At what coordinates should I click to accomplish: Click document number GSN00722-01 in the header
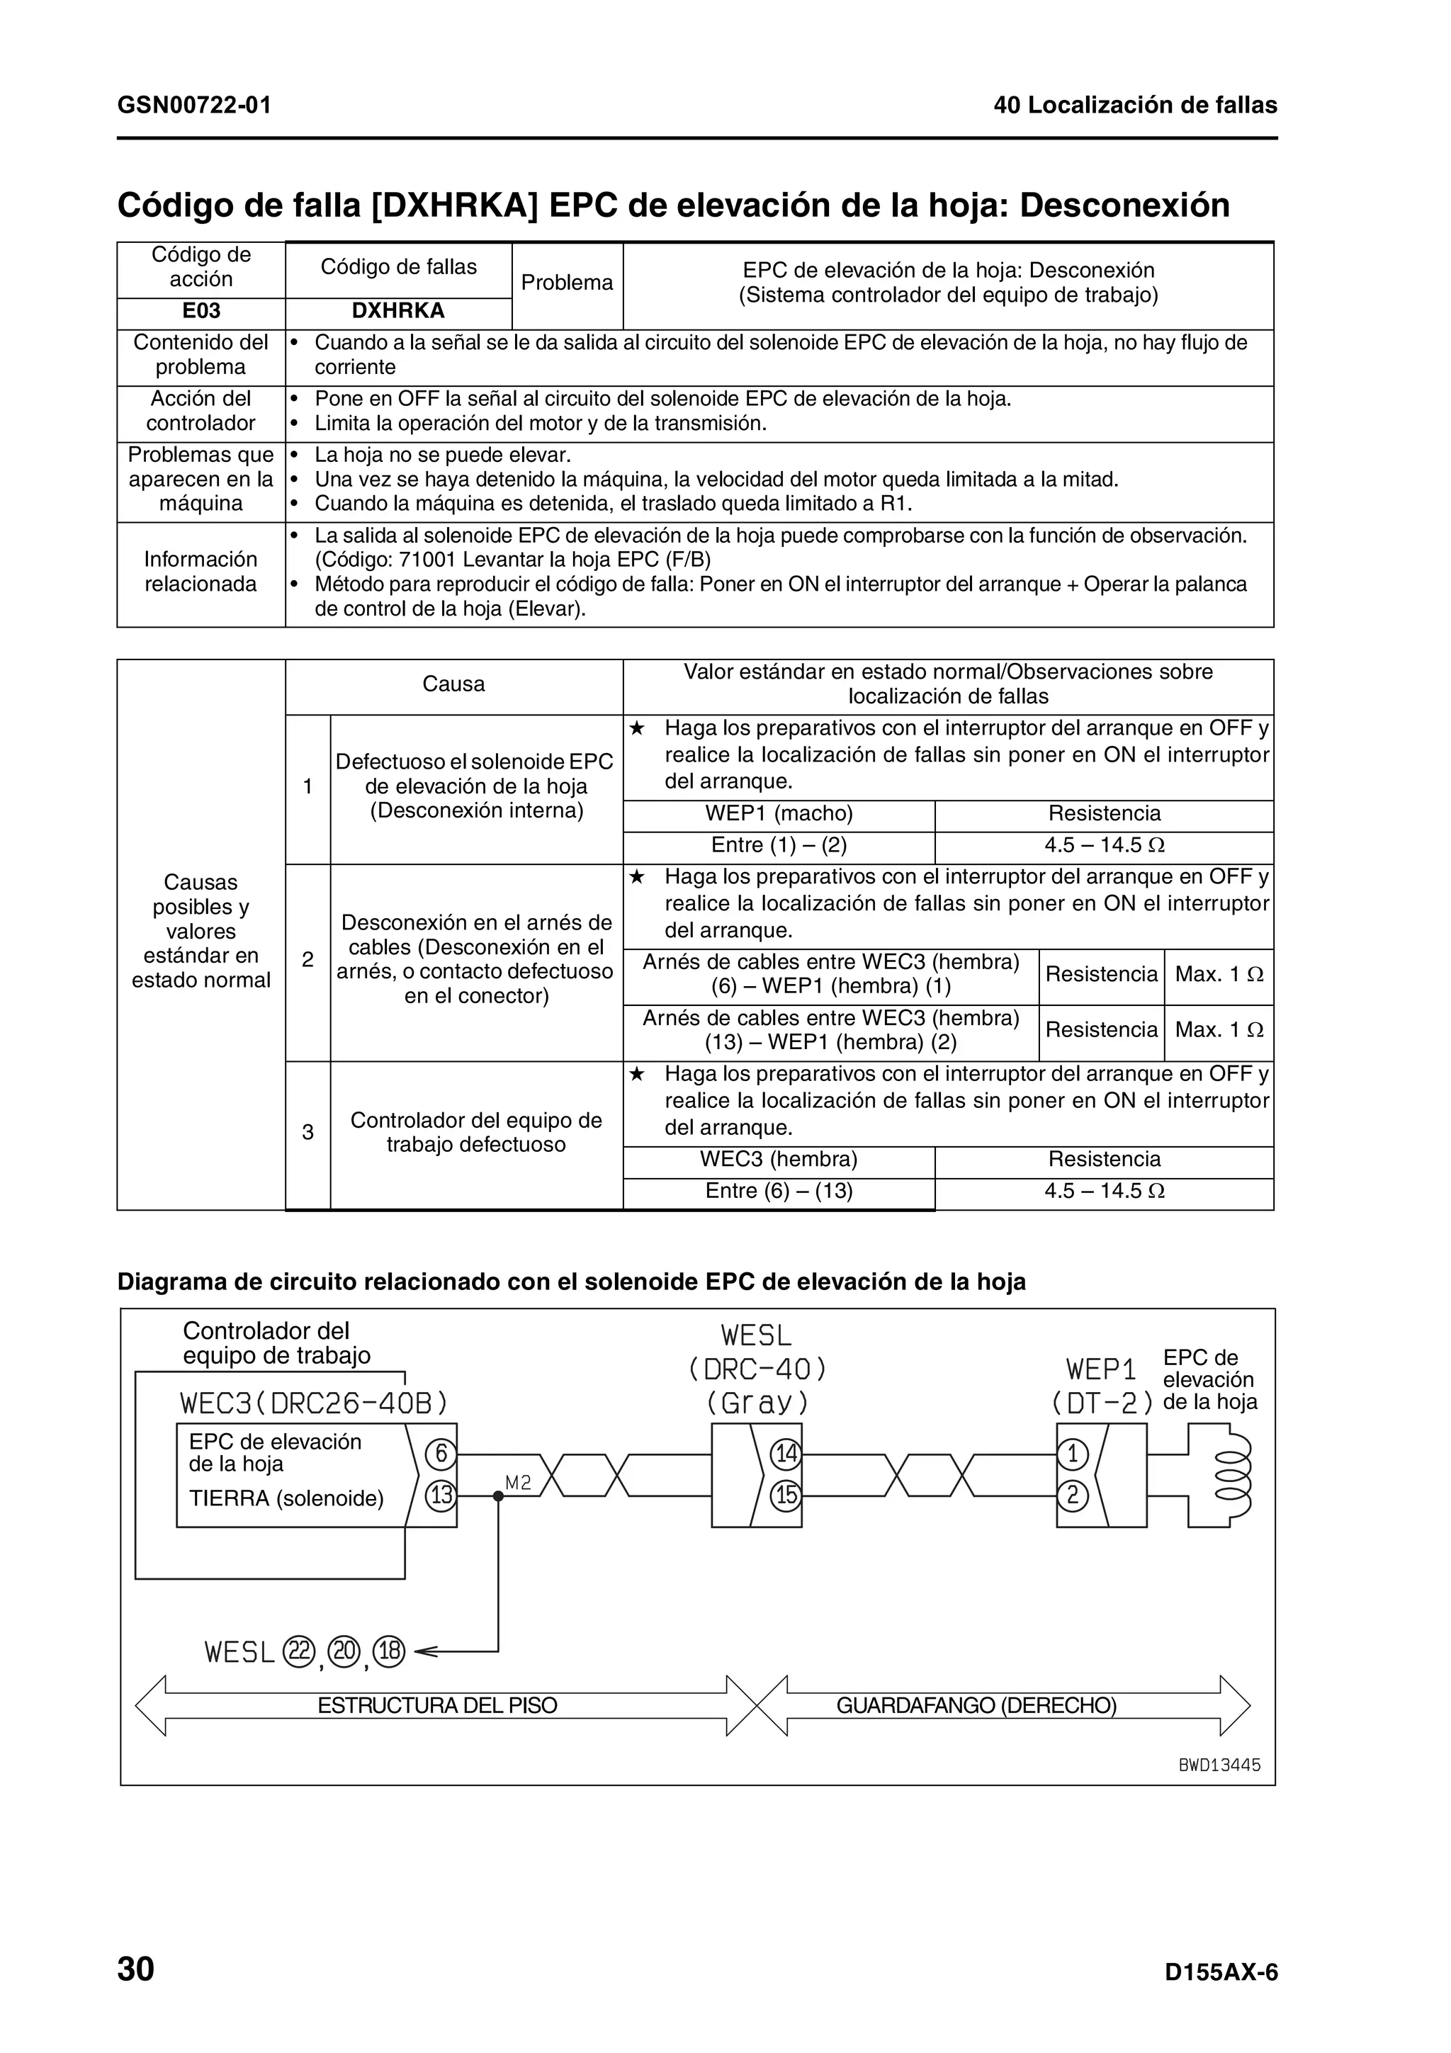[x=194, y=106]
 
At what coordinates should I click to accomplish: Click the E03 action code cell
[x=201, y=311]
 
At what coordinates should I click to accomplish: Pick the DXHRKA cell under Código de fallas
[x=398, y=311]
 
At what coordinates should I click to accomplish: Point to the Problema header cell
[x=567, y=283]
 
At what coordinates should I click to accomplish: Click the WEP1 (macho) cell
[x=779, y=814]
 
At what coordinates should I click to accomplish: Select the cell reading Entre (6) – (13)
[x=779, y=1191]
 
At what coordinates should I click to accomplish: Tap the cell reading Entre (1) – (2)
[x=779, y=845]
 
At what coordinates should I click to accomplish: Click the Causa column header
[x=453, y=685]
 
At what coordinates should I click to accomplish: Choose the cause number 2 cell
[x=307, y=959]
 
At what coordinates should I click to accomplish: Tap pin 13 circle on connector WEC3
[x=440, y=1495]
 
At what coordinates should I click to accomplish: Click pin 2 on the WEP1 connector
[x=1072, y=1495]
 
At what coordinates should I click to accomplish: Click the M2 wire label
[x=518, y=1483]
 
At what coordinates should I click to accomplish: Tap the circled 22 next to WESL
[x=298, y=1651]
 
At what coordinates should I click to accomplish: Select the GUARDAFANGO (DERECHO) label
[x=976, y=1705]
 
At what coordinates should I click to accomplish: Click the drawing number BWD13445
[x=1219, y=1765]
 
